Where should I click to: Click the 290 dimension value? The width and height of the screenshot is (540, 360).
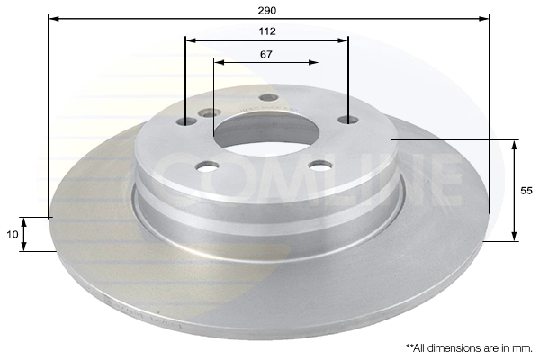267,10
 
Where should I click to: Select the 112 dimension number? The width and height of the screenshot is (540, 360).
267,31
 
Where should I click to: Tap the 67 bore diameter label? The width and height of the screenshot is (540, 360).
266,54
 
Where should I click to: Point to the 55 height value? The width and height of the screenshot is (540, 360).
526,191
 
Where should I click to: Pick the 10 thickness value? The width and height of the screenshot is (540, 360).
13,234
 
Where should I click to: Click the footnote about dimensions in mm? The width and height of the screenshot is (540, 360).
469,348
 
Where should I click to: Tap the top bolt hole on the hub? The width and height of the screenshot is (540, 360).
268,97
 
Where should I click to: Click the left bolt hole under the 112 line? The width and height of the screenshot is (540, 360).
186,121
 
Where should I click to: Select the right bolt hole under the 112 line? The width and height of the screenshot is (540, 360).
347,120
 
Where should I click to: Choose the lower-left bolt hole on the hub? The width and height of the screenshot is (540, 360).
207,166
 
